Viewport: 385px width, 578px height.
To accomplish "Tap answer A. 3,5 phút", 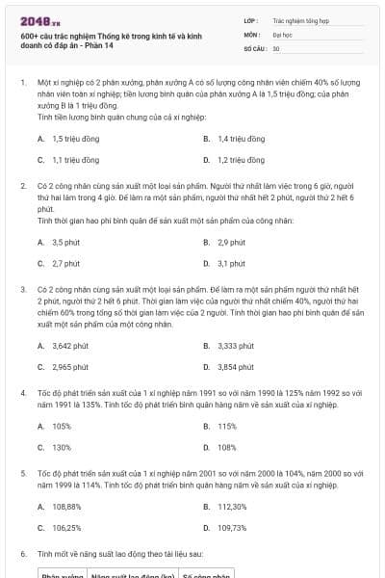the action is (65, 242).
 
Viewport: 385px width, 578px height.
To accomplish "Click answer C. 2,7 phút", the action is (65, 263).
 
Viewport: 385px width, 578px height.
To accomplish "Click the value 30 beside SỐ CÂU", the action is (275, 47).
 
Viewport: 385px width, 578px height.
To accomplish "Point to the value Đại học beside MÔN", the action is (282, 33).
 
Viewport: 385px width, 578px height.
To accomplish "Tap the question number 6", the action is (23, 555).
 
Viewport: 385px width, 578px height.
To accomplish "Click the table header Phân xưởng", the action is (62, 575).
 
